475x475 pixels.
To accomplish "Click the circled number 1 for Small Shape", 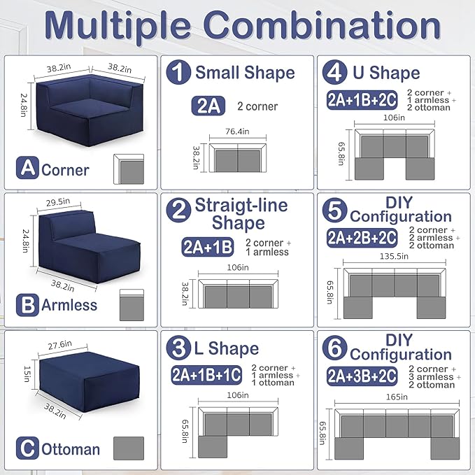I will pos(178,72).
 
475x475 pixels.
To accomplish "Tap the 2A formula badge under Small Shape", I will pos(208,106).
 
